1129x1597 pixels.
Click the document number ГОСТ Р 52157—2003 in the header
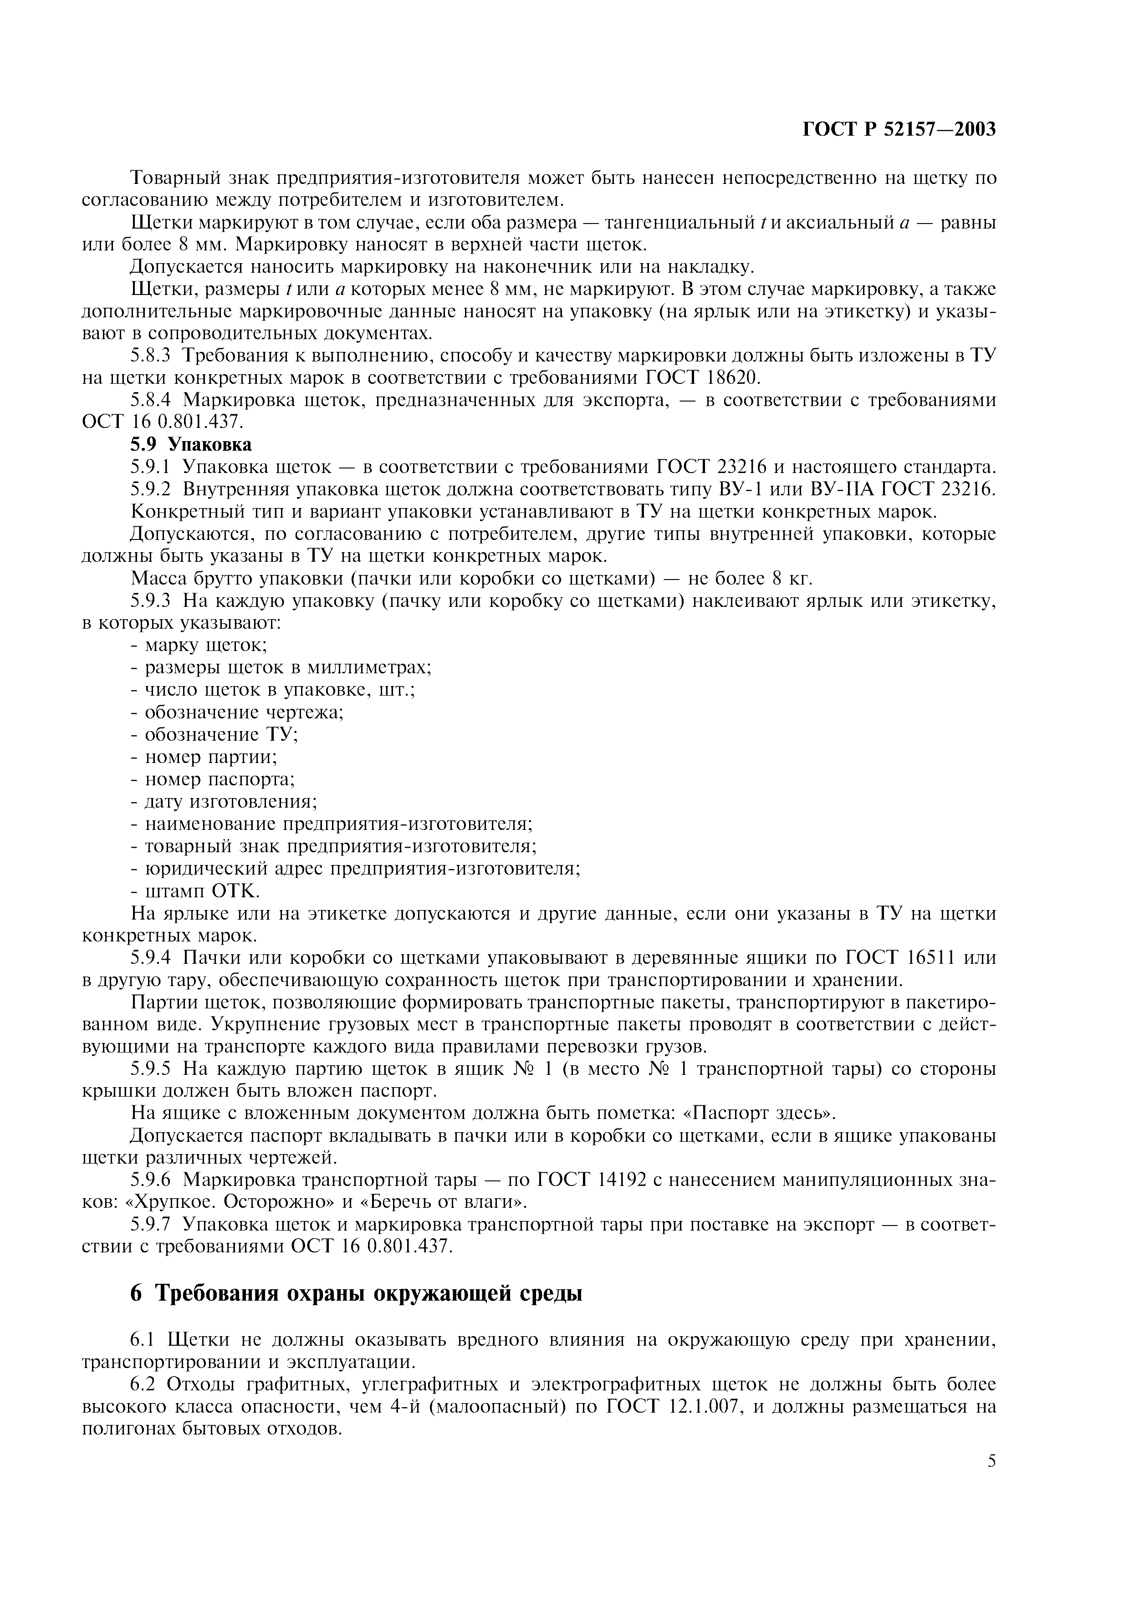point(899,129)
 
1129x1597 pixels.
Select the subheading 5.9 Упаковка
point(191,444)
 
